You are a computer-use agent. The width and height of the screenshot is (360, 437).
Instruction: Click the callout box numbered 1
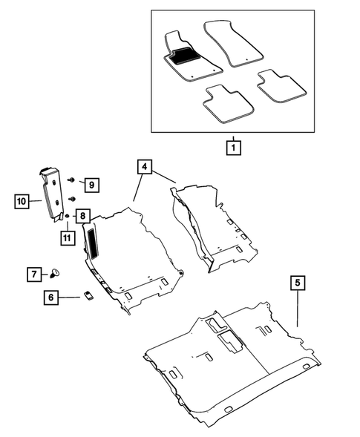click(233, 147)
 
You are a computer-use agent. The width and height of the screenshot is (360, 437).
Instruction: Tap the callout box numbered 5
click(297, 283)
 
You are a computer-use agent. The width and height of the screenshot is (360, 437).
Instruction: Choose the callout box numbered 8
click(83, 217)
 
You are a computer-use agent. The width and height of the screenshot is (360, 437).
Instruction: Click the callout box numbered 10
click(22, 200)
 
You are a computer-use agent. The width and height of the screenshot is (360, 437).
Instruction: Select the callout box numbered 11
click(68, 237)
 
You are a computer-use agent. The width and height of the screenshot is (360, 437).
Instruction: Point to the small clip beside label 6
click(87, 295)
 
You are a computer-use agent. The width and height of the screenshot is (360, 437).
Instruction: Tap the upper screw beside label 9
click(71, 180)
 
